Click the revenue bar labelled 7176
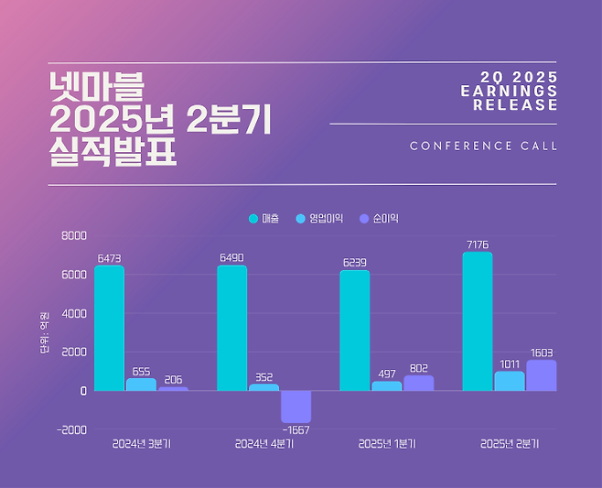pyautogui.click(x=477, y=321)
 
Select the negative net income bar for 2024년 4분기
pyautogui.click(x=296, y=406)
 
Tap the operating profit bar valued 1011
pyautogui.click(x=510, y=381)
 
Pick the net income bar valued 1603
pyautogui.click(x=541, y=375)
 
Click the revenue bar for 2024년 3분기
pyautogui.click(x=109, y=328)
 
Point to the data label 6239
pyautogui.click(x=354, y=262)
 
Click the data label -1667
pyautogui.click(x=296, y=430)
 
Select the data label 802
pyautogui.click(x=417, y=366)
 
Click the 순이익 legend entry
pyautogui.click(x=379, y=219)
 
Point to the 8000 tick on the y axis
pyautogui.click(x=74, y=235)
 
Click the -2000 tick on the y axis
pyautogui.click(x=71, y=429)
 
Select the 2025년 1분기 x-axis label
pyautogui.click(x=386, y=444)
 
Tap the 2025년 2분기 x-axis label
pyautogui.click(x=510, y=444)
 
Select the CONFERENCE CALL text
pyautogui.click(x=483, y=146)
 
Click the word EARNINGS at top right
pyautogui.click(x=509, y=91)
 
